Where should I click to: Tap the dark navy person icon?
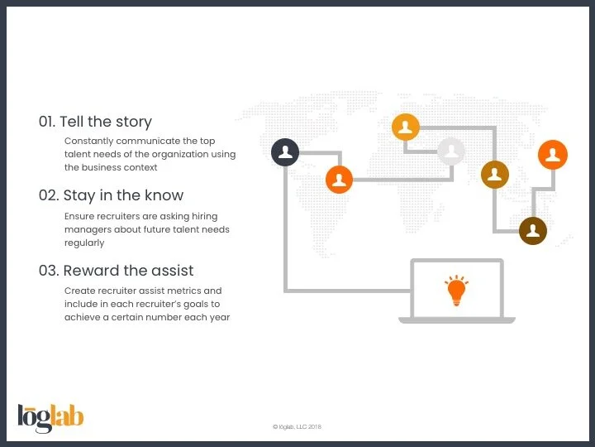[x=285, y=152]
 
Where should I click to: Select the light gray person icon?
[x=451, y=151]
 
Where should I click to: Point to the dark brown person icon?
[x=533, y=230]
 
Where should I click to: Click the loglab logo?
[x=50, y=418]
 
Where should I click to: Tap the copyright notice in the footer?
[x=297, y=427]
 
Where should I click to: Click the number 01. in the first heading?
[x=47, y=122]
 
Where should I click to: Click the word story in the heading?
[x=133, y=122]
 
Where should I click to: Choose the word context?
[x=140, y=167]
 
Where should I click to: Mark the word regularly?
[x=84, y=243]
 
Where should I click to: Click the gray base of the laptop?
[x=456, y=320]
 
